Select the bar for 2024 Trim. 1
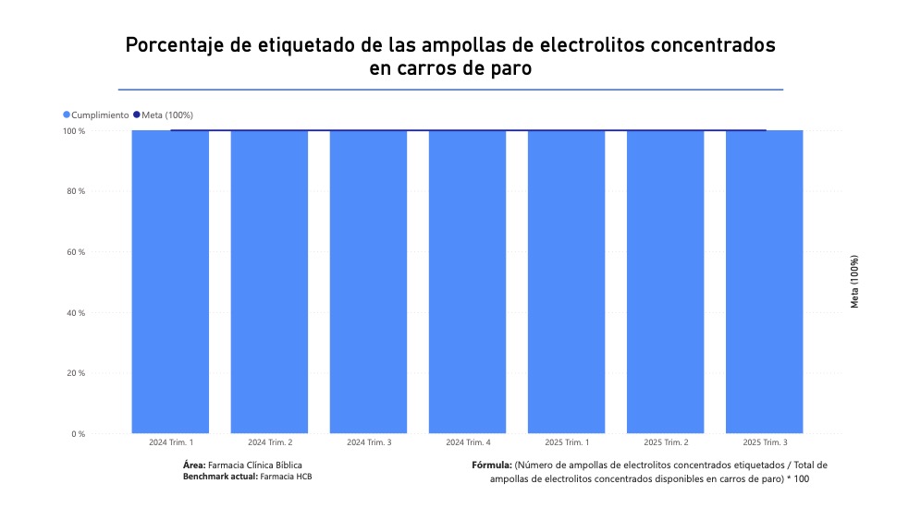170,282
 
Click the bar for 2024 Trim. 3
368,282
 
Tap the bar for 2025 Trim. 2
665,282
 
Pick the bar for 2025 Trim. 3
764,282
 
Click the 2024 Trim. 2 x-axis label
270,442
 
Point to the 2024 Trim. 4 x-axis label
468,442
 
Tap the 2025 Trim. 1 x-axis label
567,442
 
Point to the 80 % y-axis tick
76,191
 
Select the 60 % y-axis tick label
76,252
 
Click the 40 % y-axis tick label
76,313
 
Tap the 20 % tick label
76,373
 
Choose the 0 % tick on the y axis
78,434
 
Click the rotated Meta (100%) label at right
854,282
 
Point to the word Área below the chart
194,465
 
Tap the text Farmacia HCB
287,476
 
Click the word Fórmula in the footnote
491,465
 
